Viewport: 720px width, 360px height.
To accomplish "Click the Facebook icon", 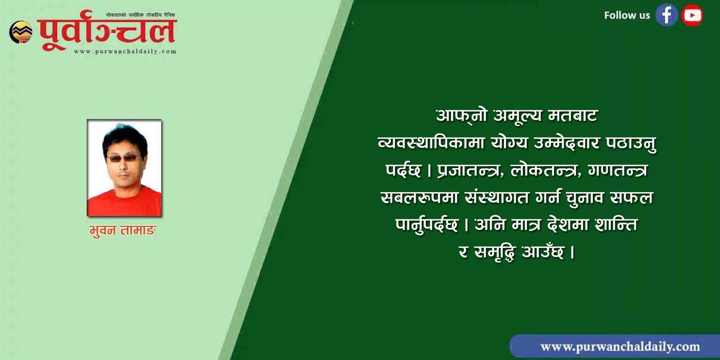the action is [x=666, y=15].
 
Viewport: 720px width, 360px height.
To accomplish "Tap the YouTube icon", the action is [x=692, y=15].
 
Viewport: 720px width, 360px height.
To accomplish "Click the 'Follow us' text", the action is [x=627, y=15].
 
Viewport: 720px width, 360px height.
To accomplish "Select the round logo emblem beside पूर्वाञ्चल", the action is [x=21, y=32].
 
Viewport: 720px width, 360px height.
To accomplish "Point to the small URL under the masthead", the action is [x=125, y=51].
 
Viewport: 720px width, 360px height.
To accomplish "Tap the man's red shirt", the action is [x=125, y=202].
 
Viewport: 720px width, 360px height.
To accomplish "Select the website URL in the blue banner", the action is [x=620, y=347].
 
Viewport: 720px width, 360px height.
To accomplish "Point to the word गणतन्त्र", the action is [x=618, y=170].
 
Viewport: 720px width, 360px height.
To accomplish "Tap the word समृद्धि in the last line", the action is [x=495, y=252].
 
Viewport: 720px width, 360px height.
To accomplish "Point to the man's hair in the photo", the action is [x=124, y=137].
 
